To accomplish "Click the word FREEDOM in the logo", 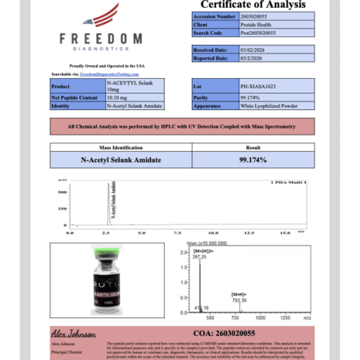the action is click(101, 38).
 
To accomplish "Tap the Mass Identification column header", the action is click(119, 146).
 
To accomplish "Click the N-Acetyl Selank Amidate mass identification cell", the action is click(119, 159).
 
